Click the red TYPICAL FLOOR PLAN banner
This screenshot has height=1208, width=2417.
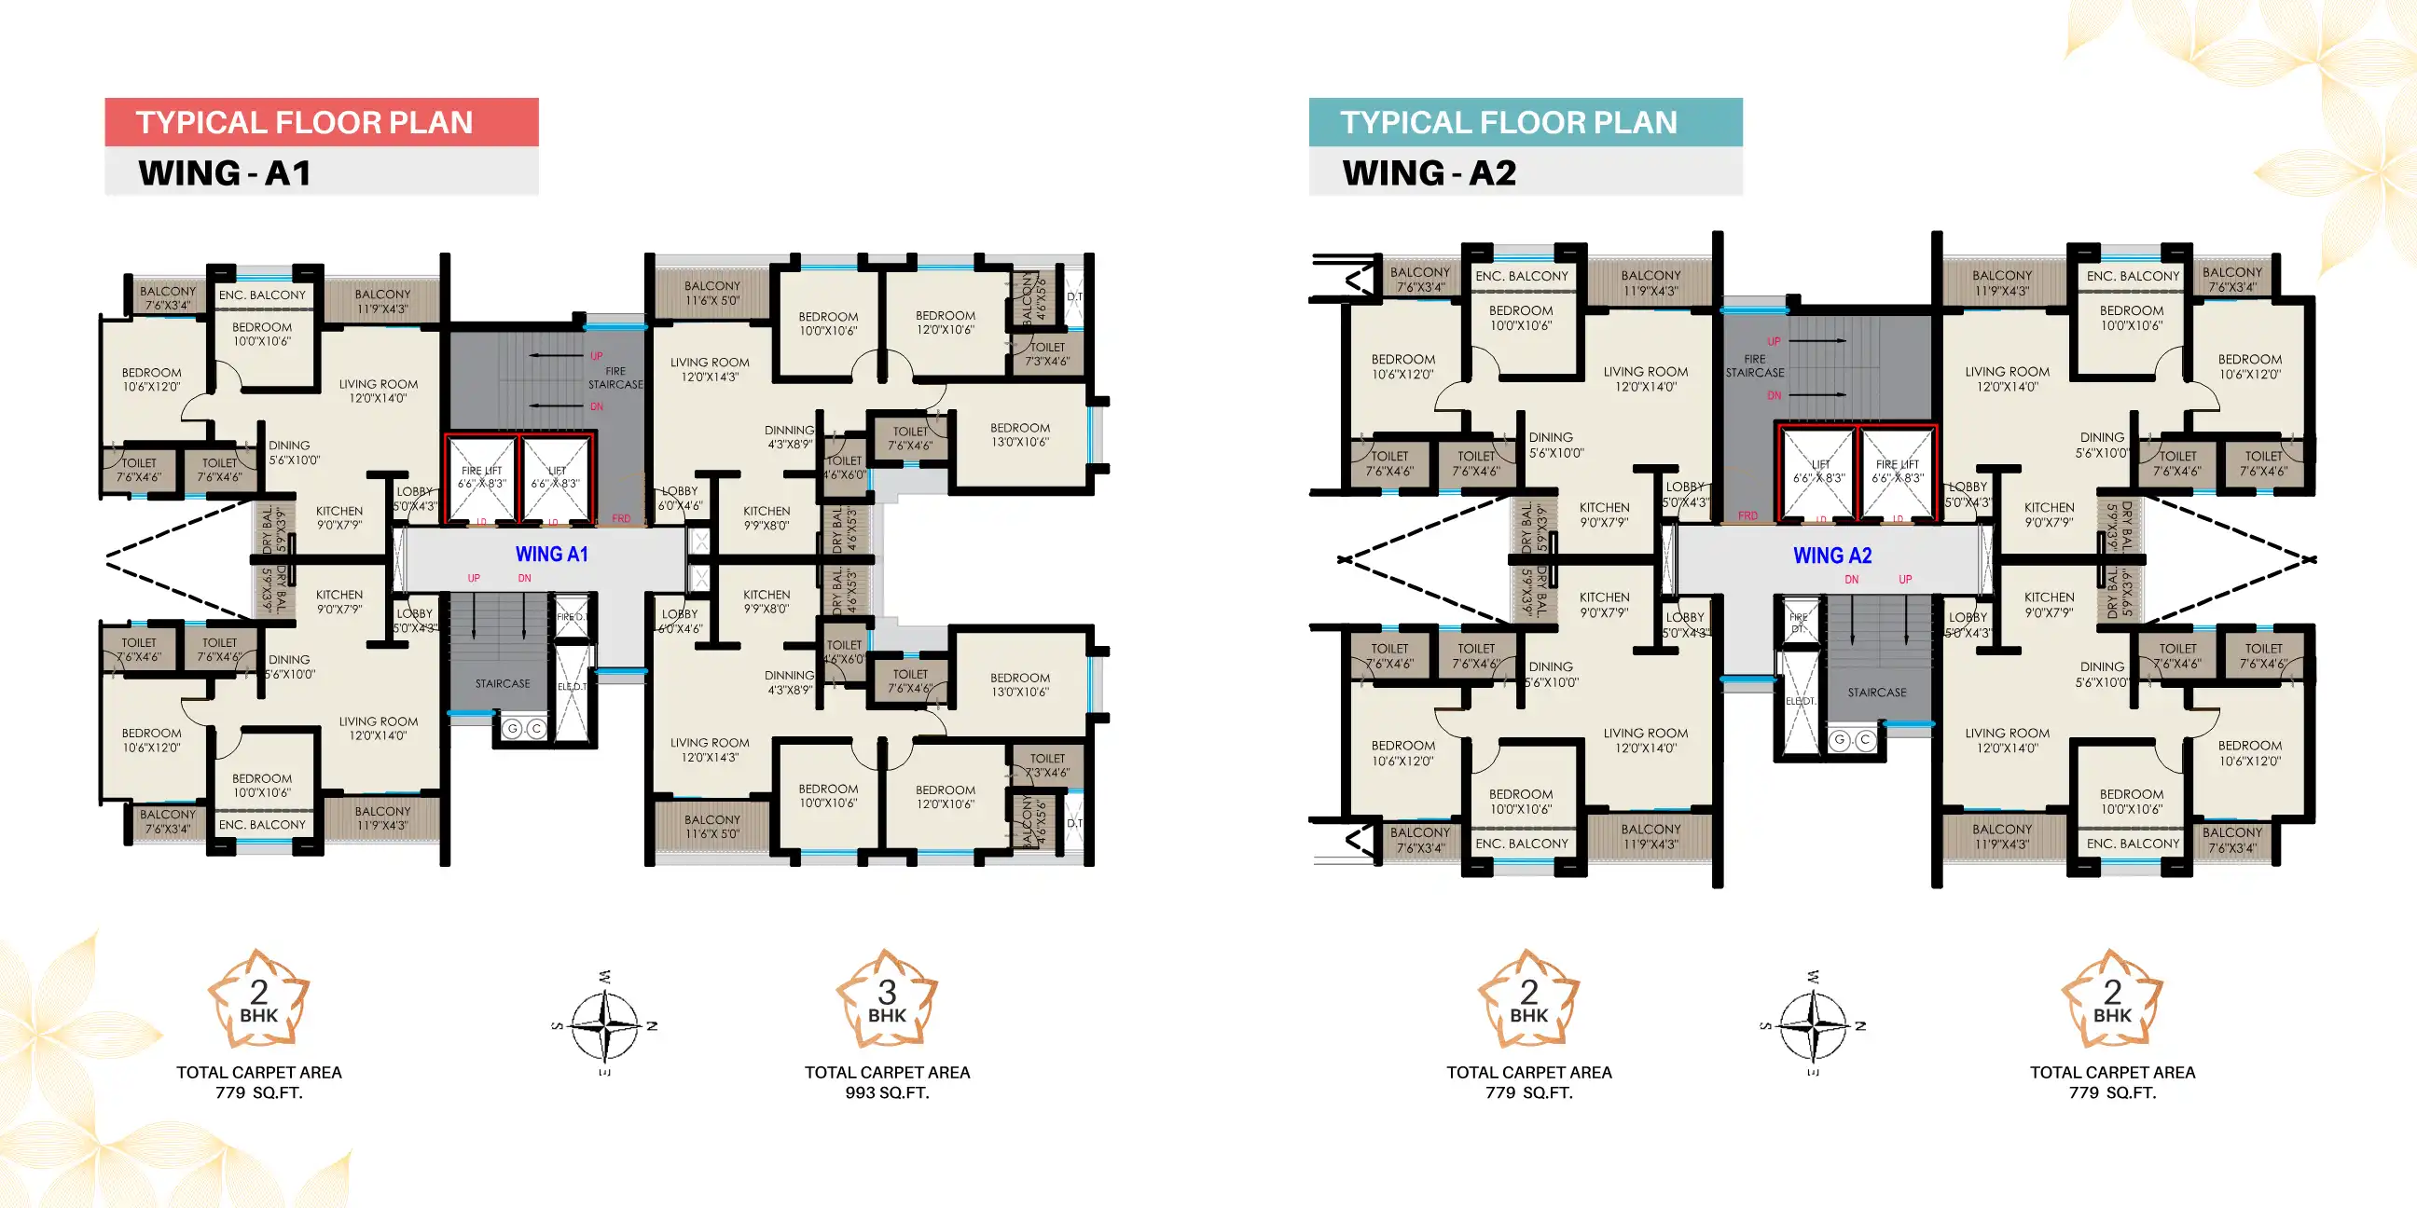coord(321,122)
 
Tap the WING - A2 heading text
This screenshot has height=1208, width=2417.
coord(1428,173)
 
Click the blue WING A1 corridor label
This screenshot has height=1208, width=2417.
coord(552,555)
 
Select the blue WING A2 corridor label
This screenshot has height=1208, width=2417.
coord(1831,556)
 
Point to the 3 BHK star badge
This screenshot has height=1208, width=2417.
coord(887,1000)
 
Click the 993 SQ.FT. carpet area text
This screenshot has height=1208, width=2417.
coord(887,1092)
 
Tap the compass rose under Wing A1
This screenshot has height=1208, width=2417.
coord(605,1025)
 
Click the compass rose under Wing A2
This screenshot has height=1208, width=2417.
coord(1813,1025)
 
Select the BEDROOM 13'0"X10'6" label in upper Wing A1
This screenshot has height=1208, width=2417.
coord(1020,434)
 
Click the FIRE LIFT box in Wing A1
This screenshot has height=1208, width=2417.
coord(481,478)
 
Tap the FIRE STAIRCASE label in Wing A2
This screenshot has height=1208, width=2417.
coord(1755,365)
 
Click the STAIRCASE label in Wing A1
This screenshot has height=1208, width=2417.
coord(502,684)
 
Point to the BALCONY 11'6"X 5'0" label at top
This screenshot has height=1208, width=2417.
coord(712,293)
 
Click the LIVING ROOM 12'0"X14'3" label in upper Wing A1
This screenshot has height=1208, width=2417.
coord(710,369)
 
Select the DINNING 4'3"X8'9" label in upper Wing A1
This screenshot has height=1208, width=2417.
coord(789,437)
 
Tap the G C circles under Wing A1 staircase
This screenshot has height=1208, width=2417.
coord(523,729)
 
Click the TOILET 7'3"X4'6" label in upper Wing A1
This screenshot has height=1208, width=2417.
coord(1047,353)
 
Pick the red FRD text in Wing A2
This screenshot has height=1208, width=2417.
coord(1747,515)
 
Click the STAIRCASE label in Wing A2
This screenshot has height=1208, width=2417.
coord(1876,693)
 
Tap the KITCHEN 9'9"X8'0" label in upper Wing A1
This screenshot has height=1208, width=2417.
coord(767,517)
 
